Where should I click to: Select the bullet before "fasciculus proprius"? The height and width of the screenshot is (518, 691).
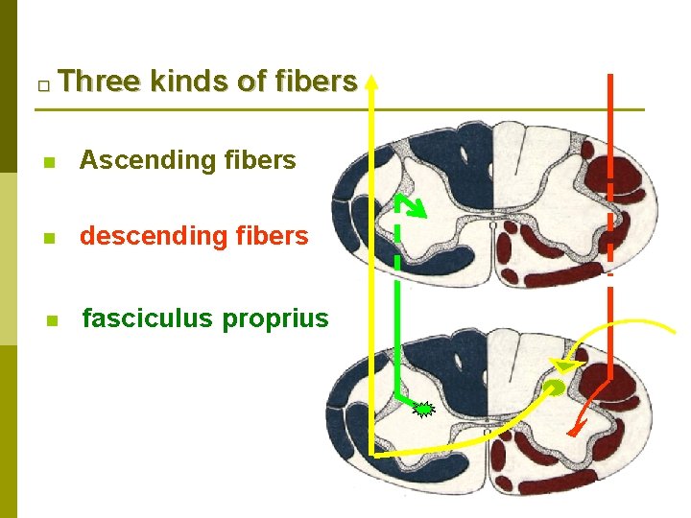click(53, 320)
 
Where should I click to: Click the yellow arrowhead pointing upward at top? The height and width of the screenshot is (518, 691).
click(371, 80)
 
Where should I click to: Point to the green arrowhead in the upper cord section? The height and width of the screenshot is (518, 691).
click(419, 207)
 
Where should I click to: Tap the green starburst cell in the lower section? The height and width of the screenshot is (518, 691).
click(423, 410)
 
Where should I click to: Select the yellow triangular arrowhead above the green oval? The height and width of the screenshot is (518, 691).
click(563, 365)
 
